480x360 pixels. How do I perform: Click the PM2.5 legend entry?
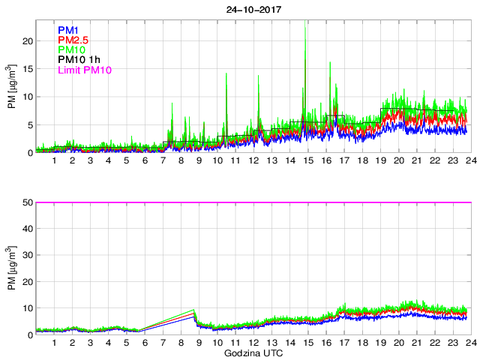click(73, 40)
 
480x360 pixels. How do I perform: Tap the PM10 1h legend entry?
click(78, 60)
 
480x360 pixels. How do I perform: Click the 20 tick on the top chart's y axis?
click(26, 41)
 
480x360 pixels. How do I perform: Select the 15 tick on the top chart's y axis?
click(26, 69)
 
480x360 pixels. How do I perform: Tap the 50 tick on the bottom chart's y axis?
click(26, 202)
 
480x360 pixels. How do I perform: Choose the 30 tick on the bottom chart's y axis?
click(26, 256)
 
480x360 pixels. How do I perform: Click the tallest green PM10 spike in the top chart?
click(304, 22)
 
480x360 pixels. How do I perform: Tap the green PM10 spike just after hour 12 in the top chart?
click(259, 76)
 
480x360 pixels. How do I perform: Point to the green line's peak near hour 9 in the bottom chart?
click(193, 310)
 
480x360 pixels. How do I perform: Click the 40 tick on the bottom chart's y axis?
click(26, 229)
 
